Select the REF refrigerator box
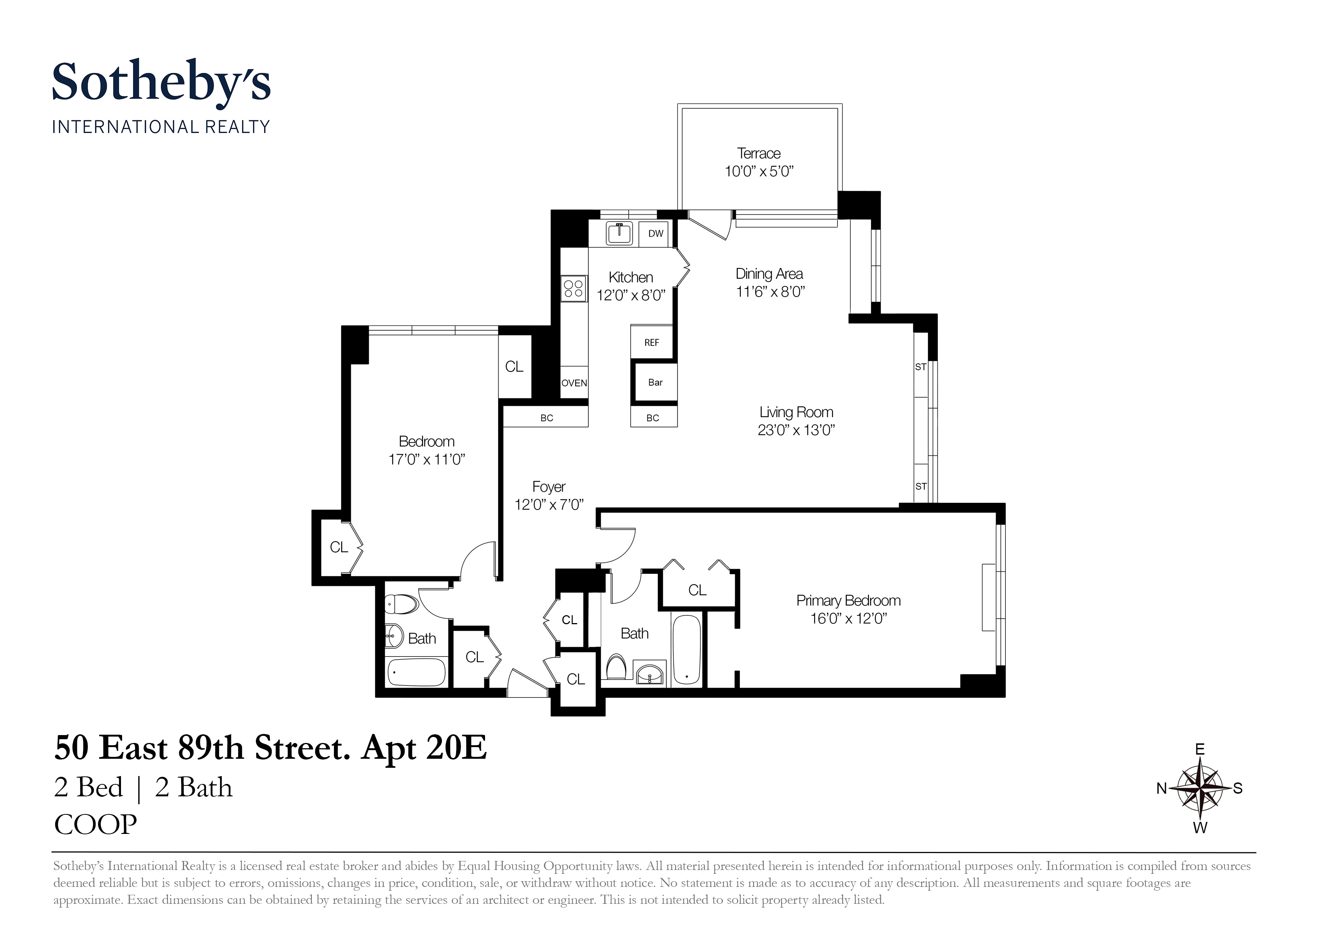(x=651, y=343)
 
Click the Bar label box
(x=655, y=383)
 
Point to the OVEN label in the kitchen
(x=574, y=383)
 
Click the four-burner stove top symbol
(x=573, y=288)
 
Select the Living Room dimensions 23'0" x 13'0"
(x=796, y=430)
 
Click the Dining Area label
(x=769, y=274)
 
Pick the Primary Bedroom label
(x=848, y=601)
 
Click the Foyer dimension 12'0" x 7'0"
(x=549, y=505)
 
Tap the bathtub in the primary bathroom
(x=686, y=649)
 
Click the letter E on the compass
(x=1200, y=749)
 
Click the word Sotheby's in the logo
(x=161, y=82)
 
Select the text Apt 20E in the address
(x=424, y=748)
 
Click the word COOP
(x=96, y=825)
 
